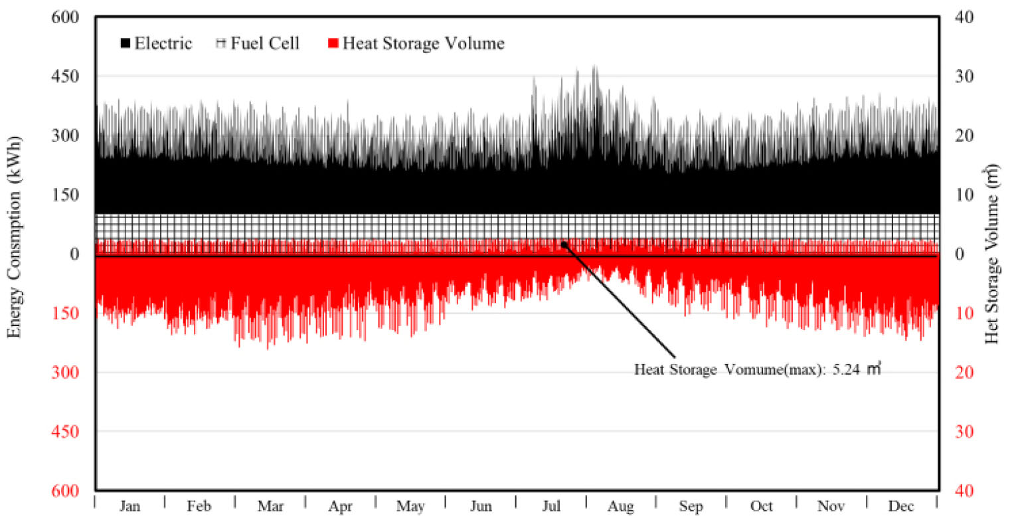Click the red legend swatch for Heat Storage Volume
pyautogui.click(x=333, y=44)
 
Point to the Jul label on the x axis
pyautogui.click(x=550, y=507)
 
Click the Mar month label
pyautogui.click(x=270, y=507)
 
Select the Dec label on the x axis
pyautogui.click(x=901, y=507)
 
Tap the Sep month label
pyautogui.click(x=691, y=507)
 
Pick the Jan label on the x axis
pyautogui.click(x=129, y=507)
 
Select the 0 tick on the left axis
pyautogui.click(x=74, y=254)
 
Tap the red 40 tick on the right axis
pyautogui.click(x=964, y=490)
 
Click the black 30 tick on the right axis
pyautogui.click(x=964, y=76)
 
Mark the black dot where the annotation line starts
pyautogui.click(x=564, y=244)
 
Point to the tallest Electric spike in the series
pyautogui.click(x=594, y=66)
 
